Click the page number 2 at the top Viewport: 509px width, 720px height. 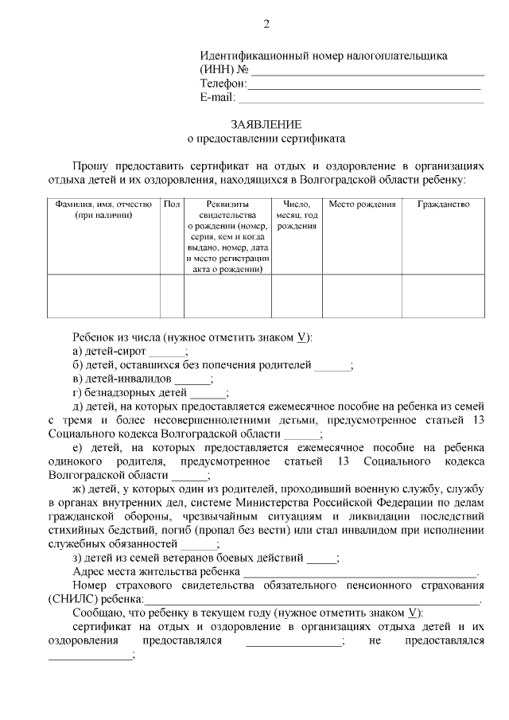(x=266, y=24)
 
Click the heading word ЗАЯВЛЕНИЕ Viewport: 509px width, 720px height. (x=266, y=124)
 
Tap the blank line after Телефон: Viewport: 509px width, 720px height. (x=366, y=84)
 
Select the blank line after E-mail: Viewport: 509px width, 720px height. (x=361, y=98)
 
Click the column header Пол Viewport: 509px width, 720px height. (x=172, y=204)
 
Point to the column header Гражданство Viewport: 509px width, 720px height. (x=443, y=204)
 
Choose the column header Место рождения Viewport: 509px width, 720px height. (x=362, y=204)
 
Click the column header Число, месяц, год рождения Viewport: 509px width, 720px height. (x=297, y=215)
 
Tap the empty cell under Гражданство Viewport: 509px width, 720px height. (x=443, y=296)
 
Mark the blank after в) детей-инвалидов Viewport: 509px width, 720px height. (x=192, y=379)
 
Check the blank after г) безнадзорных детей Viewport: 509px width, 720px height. (x=209, y=393)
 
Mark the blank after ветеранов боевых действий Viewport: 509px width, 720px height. (x=321, y=558)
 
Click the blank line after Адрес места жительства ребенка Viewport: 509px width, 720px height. (x=359, y=573)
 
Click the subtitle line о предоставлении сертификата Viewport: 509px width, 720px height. (x=266, y=138)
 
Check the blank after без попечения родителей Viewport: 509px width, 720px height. (x=332, y=366)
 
